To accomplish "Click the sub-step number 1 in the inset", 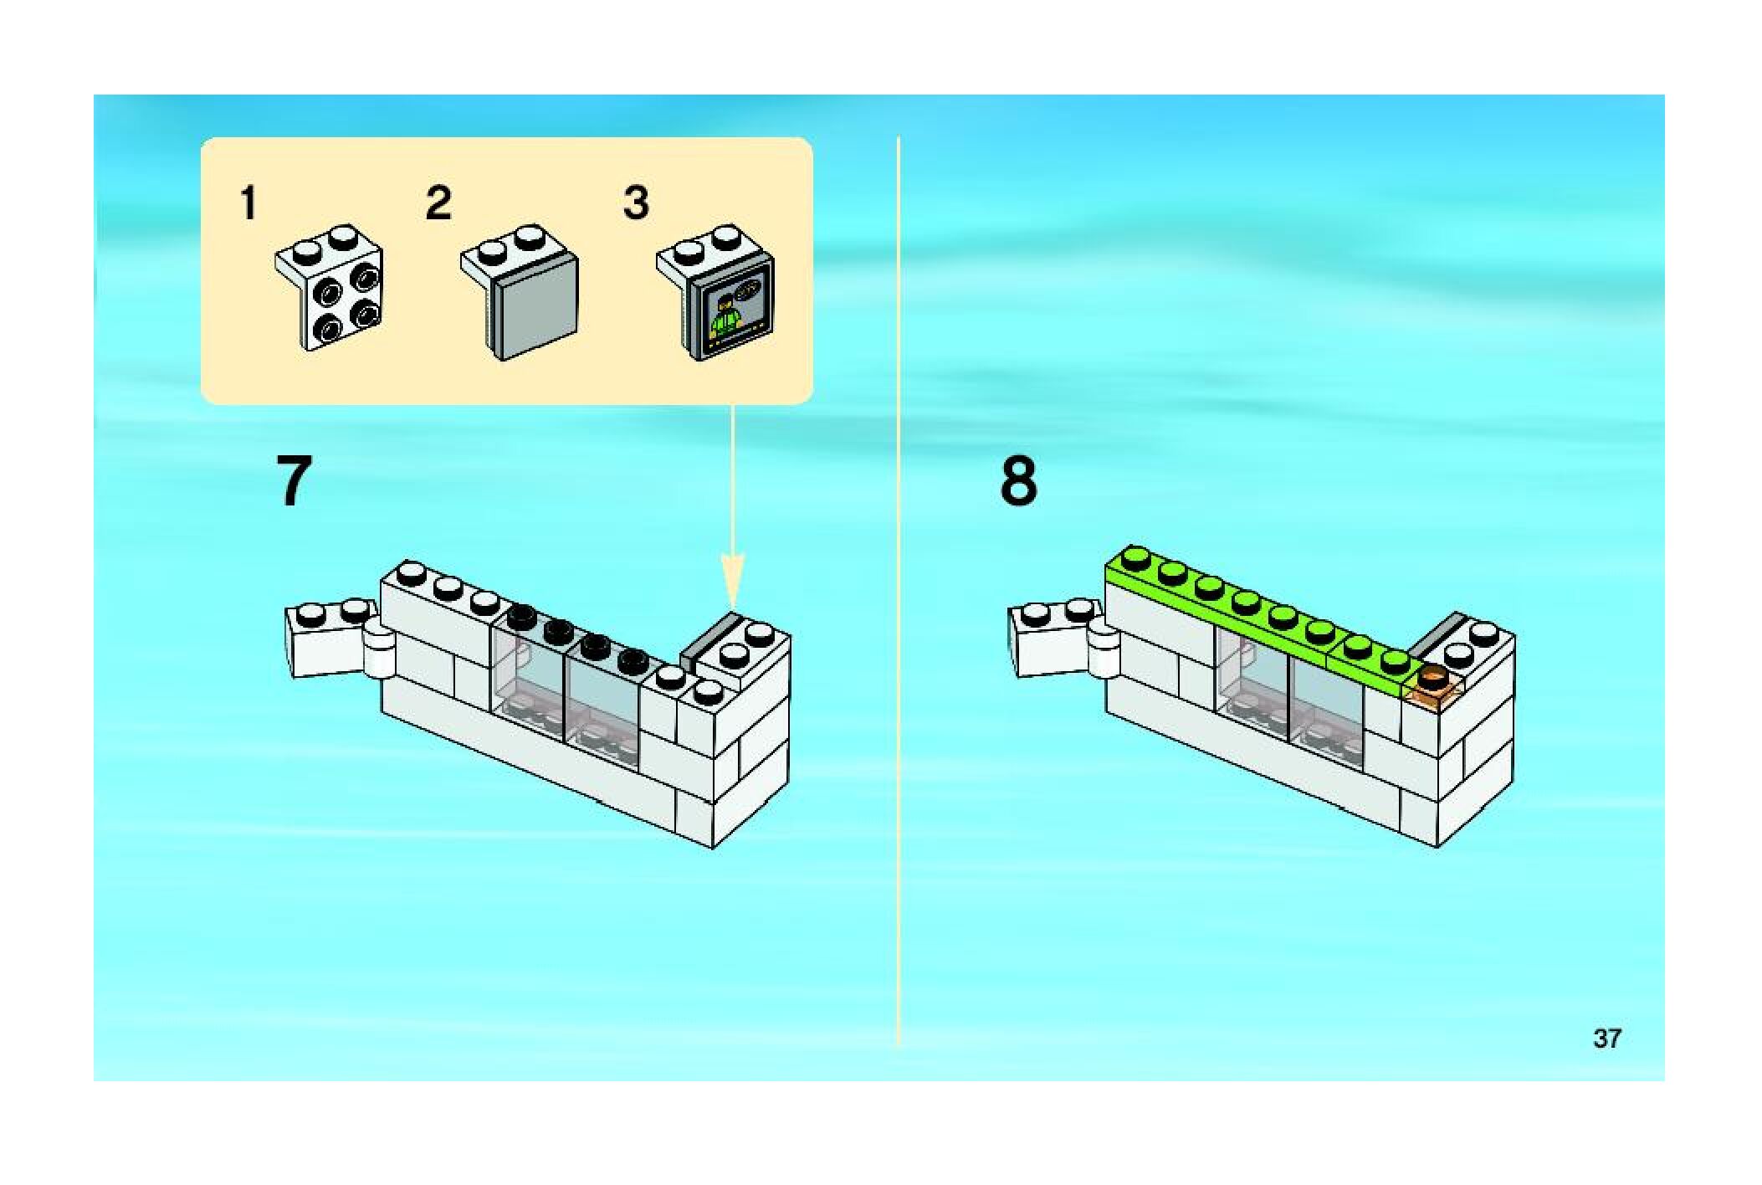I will coord(248,203).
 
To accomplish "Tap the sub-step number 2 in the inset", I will coord(438,203).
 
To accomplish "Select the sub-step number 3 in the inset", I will coord(636,203).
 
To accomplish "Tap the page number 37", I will coord(1606,1039).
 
